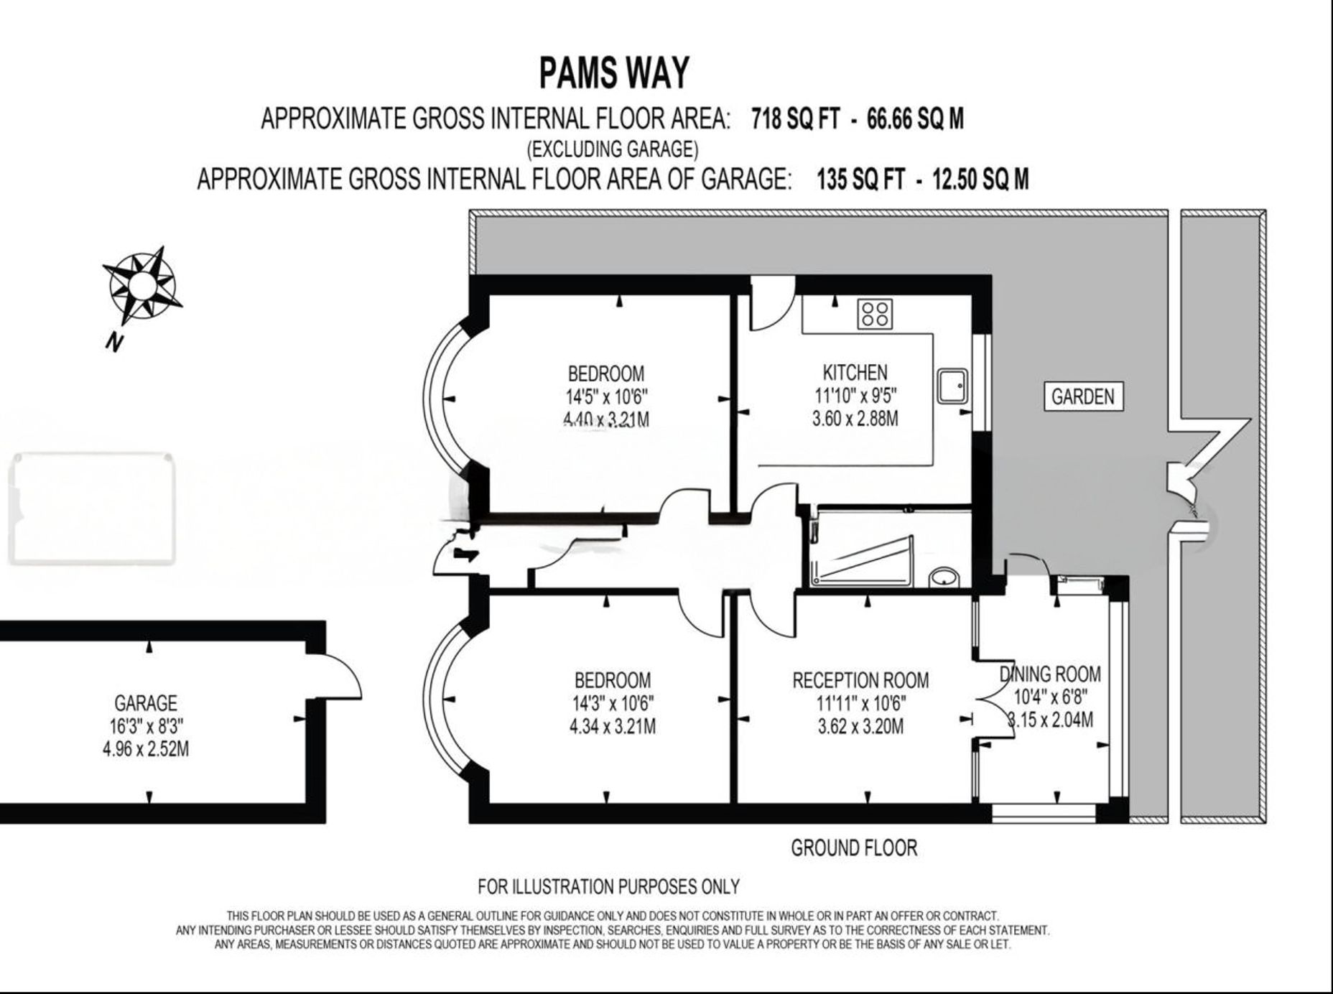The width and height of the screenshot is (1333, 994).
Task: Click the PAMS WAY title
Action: [614, 73]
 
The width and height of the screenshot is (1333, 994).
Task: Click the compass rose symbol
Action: [141, 285]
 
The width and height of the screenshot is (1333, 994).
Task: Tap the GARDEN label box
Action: [1082, 396]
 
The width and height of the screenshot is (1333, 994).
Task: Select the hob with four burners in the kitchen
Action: [875, 313]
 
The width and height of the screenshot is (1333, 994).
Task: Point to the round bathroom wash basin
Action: [943, 577]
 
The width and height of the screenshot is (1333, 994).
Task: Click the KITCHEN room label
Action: [855, 372]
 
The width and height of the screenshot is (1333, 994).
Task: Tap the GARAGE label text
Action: [145, 702]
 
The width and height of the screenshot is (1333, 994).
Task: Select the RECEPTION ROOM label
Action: [860, 679]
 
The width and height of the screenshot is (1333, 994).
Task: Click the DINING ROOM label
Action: [1050, 674]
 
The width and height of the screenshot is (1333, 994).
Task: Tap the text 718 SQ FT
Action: [795, 118]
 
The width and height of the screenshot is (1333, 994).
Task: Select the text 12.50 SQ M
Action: [980, 178]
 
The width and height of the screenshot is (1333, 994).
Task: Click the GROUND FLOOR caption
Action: [854, 847]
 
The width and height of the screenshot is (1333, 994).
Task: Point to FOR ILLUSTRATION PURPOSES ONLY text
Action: [608, 887]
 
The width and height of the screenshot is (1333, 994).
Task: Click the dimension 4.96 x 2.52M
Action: [145, 749]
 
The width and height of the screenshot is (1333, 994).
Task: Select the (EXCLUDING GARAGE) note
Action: [613, 149]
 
